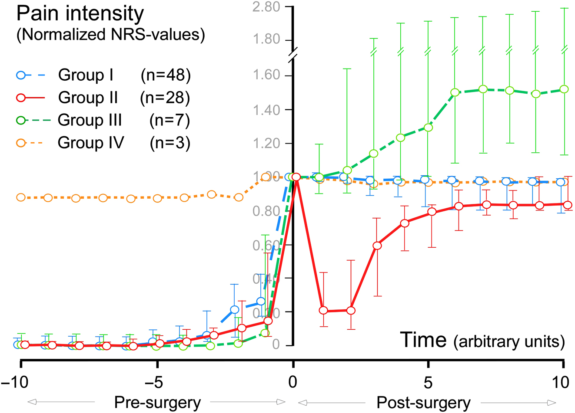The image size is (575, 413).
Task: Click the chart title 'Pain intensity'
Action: [80, 14]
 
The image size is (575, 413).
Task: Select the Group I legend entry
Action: [86, 75]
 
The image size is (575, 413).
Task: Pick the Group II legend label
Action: [88, 98]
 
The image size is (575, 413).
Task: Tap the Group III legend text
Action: [90, 120]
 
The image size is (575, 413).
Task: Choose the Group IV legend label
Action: [90, 143]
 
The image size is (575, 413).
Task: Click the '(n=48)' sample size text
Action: [166, 75]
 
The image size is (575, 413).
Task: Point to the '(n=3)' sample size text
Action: [170, 143]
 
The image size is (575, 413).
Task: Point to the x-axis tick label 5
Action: [428, 383]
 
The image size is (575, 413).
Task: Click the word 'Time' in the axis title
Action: [423, 340]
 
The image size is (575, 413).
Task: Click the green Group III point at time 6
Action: [455, 92]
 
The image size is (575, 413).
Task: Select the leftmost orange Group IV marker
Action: [20, 197]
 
